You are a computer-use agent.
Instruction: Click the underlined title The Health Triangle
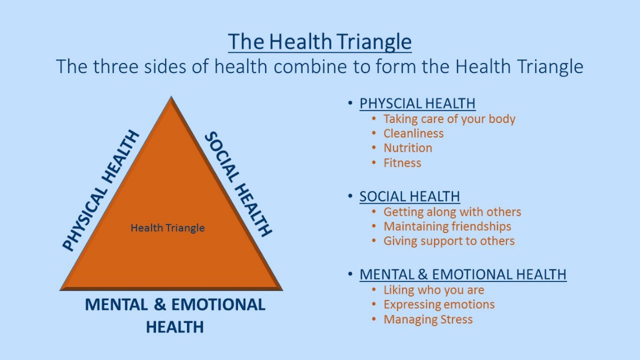click(319, 42)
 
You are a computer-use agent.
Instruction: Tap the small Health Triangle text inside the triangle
click(167, 228)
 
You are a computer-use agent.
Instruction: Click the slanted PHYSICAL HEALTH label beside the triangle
click(100, 191)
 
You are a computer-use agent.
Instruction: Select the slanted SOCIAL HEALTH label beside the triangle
click(238, 184)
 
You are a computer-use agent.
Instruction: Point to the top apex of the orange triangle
click(171, 98)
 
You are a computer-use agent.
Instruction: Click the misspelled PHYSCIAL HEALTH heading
click(417, 103)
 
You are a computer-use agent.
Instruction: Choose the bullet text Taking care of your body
click(449, 119)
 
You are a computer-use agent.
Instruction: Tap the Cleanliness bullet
click(413, 134)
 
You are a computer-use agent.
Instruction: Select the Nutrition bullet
click(408, 148)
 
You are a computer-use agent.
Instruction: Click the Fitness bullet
click(402, 163)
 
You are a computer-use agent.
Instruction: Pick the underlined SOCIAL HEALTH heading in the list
click(409, 197)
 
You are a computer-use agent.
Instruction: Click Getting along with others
click(452, 212)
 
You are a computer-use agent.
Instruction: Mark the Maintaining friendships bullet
click(447, 226)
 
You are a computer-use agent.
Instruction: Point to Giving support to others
click(449, 241)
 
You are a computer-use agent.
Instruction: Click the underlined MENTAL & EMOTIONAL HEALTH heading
click(463, 275)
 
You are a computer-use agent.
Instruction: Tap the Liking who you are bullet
click(433, 290)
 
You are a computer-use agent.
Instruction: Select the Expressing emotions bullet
click(439, 305)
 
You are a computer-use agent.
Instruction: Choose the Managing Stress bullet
click(428, 320)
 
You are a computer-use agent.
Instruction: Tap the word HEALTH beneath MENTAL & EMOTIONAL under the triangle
click(175, 327)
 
